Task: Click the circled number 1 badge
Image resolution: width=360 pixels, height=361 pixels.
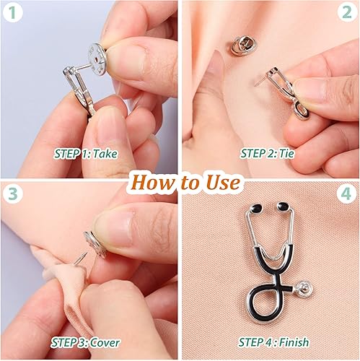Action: [14, 14]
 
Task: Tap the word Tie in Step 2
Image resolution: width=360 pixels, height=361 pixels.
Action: [292, 154]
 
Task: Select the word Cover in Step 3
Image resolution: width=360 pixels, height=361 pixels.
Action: [105, 342]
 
